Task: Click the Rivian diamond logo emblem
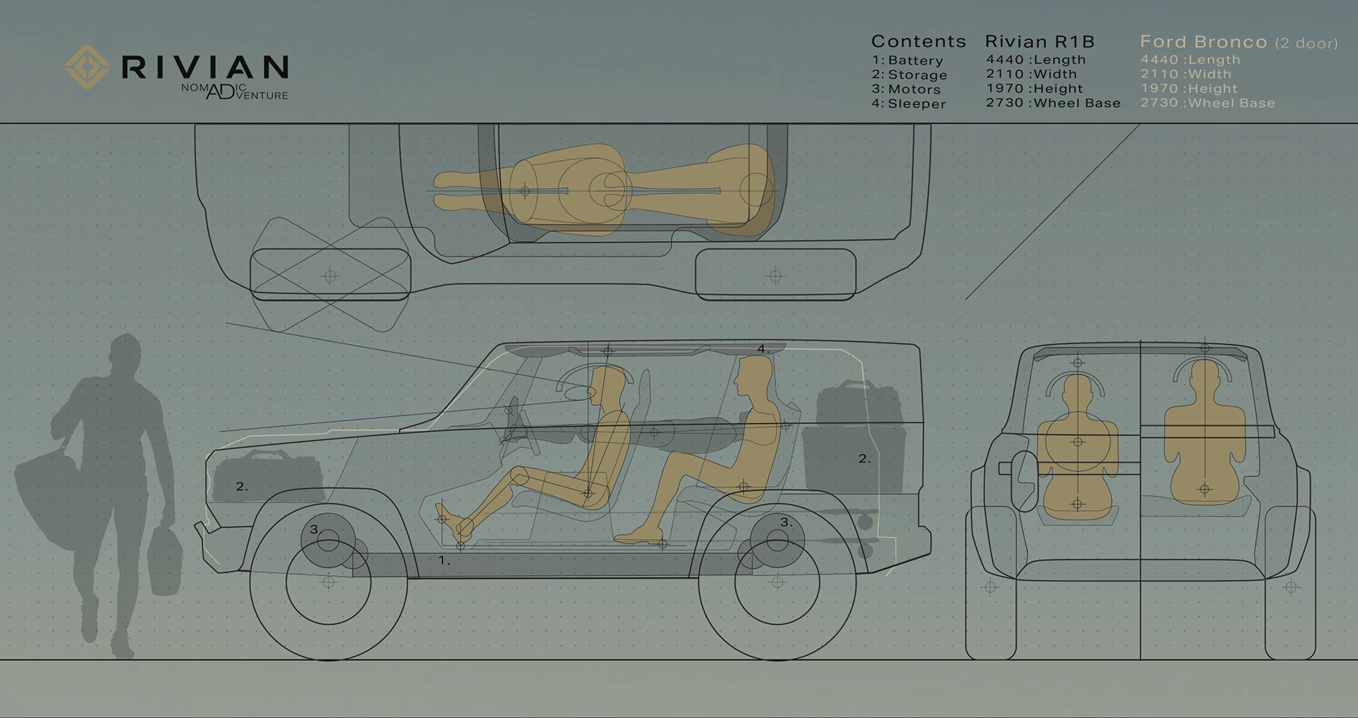(86, 67)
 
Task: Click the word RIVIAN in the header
(205, 68)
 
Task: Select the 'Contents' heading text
(918, 42)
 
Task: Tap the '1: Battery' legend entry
(907, 61)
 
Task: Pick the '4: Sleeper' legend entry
(909, 104)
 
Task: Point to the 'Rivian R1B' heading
(1039, 42)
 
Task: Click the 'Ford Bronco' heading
(1203, 42)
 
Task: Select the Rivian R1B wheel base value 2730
(1004, 103)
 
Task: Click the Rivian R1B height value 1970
(1004, 89)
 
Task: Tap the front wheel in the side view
(329, 582)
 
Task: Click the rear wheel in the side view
(777, 582)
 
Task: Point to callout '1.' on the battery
(443, 560)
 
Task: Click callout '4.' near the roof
(762, 349)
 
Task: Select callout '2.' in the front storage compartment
(241, 487)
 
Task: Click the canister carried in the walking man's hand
(164, 558)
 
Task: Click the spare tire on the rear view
(1025, 481)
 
